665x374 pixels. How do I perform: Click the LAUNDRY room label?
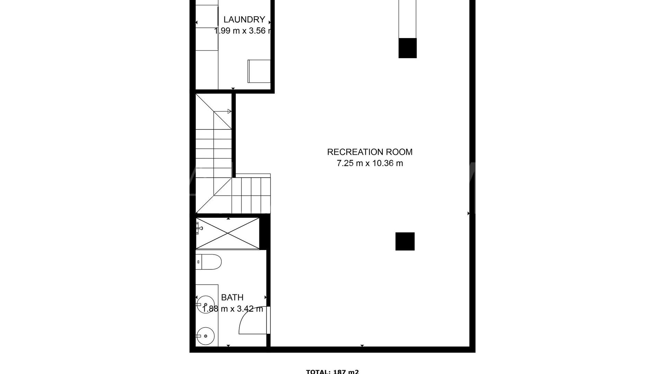[x=244, y=19]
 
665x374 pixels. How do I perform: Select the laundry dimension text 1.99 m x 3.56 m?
[x=242, y=31]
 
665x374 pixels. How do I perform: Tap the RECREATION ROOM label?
[x=370, y=152]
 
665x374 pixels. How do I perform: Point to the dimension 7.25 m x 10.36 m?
[x=370, y=163]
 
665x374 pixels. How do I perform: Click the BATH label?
[x=232, y=297]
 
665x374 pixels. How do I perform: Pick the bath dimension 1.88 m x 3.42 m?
[x=232, y=309]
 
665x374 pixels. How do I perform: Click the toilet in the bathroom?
[x=209, y=262]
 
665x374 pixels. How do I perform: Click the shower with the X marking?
[x=228, y=233]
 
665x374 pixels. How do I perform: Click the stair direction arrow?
[x=229, y=111]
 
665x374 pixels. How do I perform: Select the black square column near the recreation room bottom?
[x=405, y=241]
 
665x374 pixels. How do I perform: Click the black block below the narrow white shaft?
[x=407, y=48]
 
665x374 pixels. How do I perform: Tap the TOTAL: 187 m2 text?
[x=332, y=372]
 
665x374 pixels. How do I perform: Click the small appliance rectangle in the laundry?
[x=259, y=71]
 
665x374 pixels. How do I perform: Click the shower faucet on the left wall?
[x=199, y=228]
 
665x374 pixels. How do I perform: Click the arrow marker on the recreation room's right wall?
[x=469, y=213]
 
